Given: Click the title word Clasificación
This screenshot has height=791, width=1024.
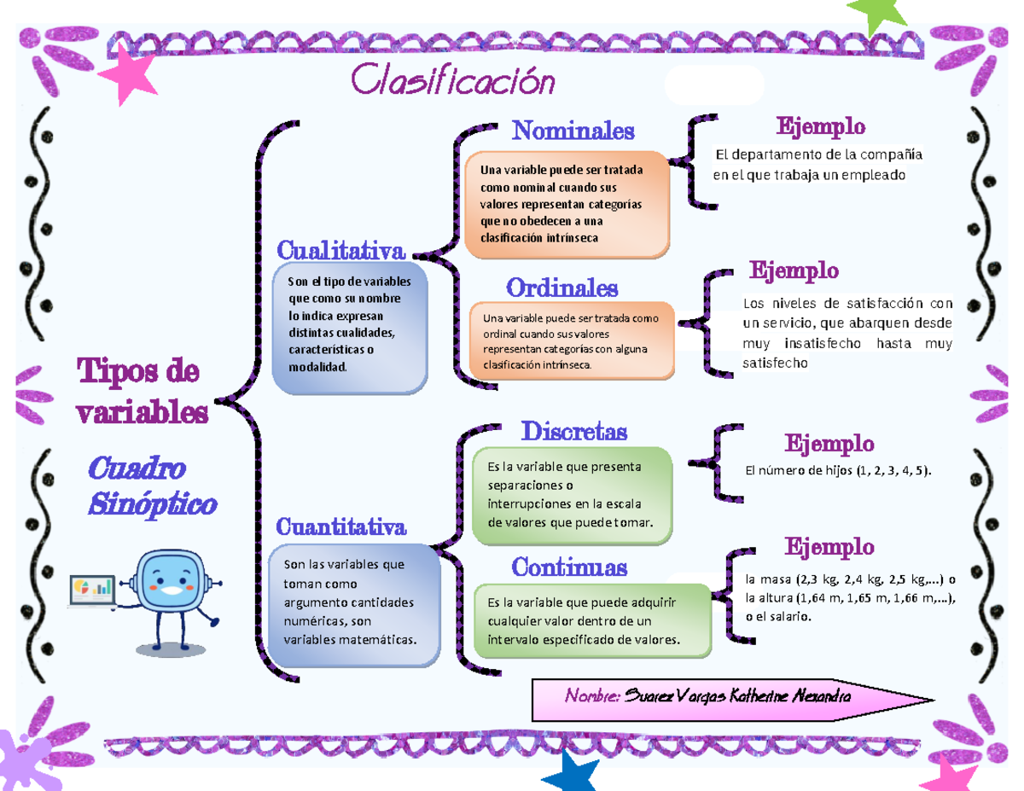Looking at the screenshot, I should (x=452, y=83).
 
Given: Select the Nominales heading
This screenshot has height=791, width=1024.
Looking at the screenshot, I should (x=573, y=131).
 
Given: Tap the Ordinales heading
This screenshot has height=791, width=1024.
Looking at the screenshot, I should (x=561, y=286).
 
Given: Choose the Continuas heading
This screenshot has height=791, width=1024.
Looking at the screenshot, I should (x=569, y=566).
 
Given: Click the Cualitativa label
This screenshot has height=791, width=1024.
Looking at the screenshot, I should (x=340, y=251).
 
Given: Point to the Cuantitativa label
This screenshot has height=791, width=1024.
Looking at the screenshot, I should (x=340, y=526).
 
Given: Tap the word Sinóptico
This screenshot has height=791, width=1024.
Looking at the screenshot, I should (x=152, y=504).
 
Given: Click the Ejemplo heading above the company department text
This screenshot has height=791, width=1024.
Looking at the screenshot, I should (x=819, y=127).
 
